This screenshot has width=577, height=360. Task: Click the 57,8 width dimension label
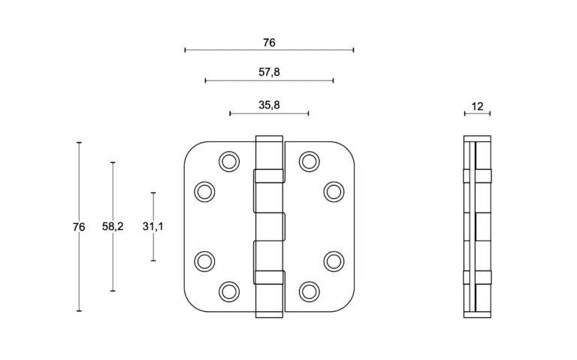pos(269,72)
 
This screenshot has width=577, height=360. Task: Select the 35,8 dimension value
pos(269,105)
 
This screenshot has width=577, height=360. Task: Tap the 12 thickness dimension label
pos(477,106)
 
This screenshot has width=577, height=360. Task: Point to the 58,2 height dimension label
pos(113,226)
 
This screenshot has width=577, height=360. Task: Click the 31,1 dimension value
pos(153,226)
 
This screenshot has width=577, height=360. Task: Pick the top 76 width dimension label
pos(269,43)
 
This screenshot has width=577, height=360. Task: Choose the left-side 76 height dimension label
pos(79,226)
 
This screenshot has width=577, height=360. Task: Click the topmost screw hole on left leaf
pos(228,161)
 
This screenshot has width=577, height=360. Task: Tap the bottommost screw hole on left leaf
pos(228,290)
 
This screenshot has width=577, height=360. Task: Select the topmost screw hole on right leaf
pos(309,161)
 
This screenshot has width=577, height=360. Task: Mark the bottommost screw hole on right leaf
pos(309,290)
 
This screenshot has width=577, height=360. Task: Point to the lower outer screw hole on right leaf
pos(334,260)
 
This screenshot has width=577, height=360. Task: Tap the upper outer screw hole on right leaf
pos(334,192)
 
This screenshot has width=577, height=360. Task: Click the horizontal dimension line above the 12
pos(477,113)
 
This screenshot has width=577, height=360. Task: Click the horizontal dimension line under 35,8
pos(269,113)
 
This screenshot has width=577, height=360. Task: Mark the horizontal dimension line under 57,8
pos(269,80)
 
